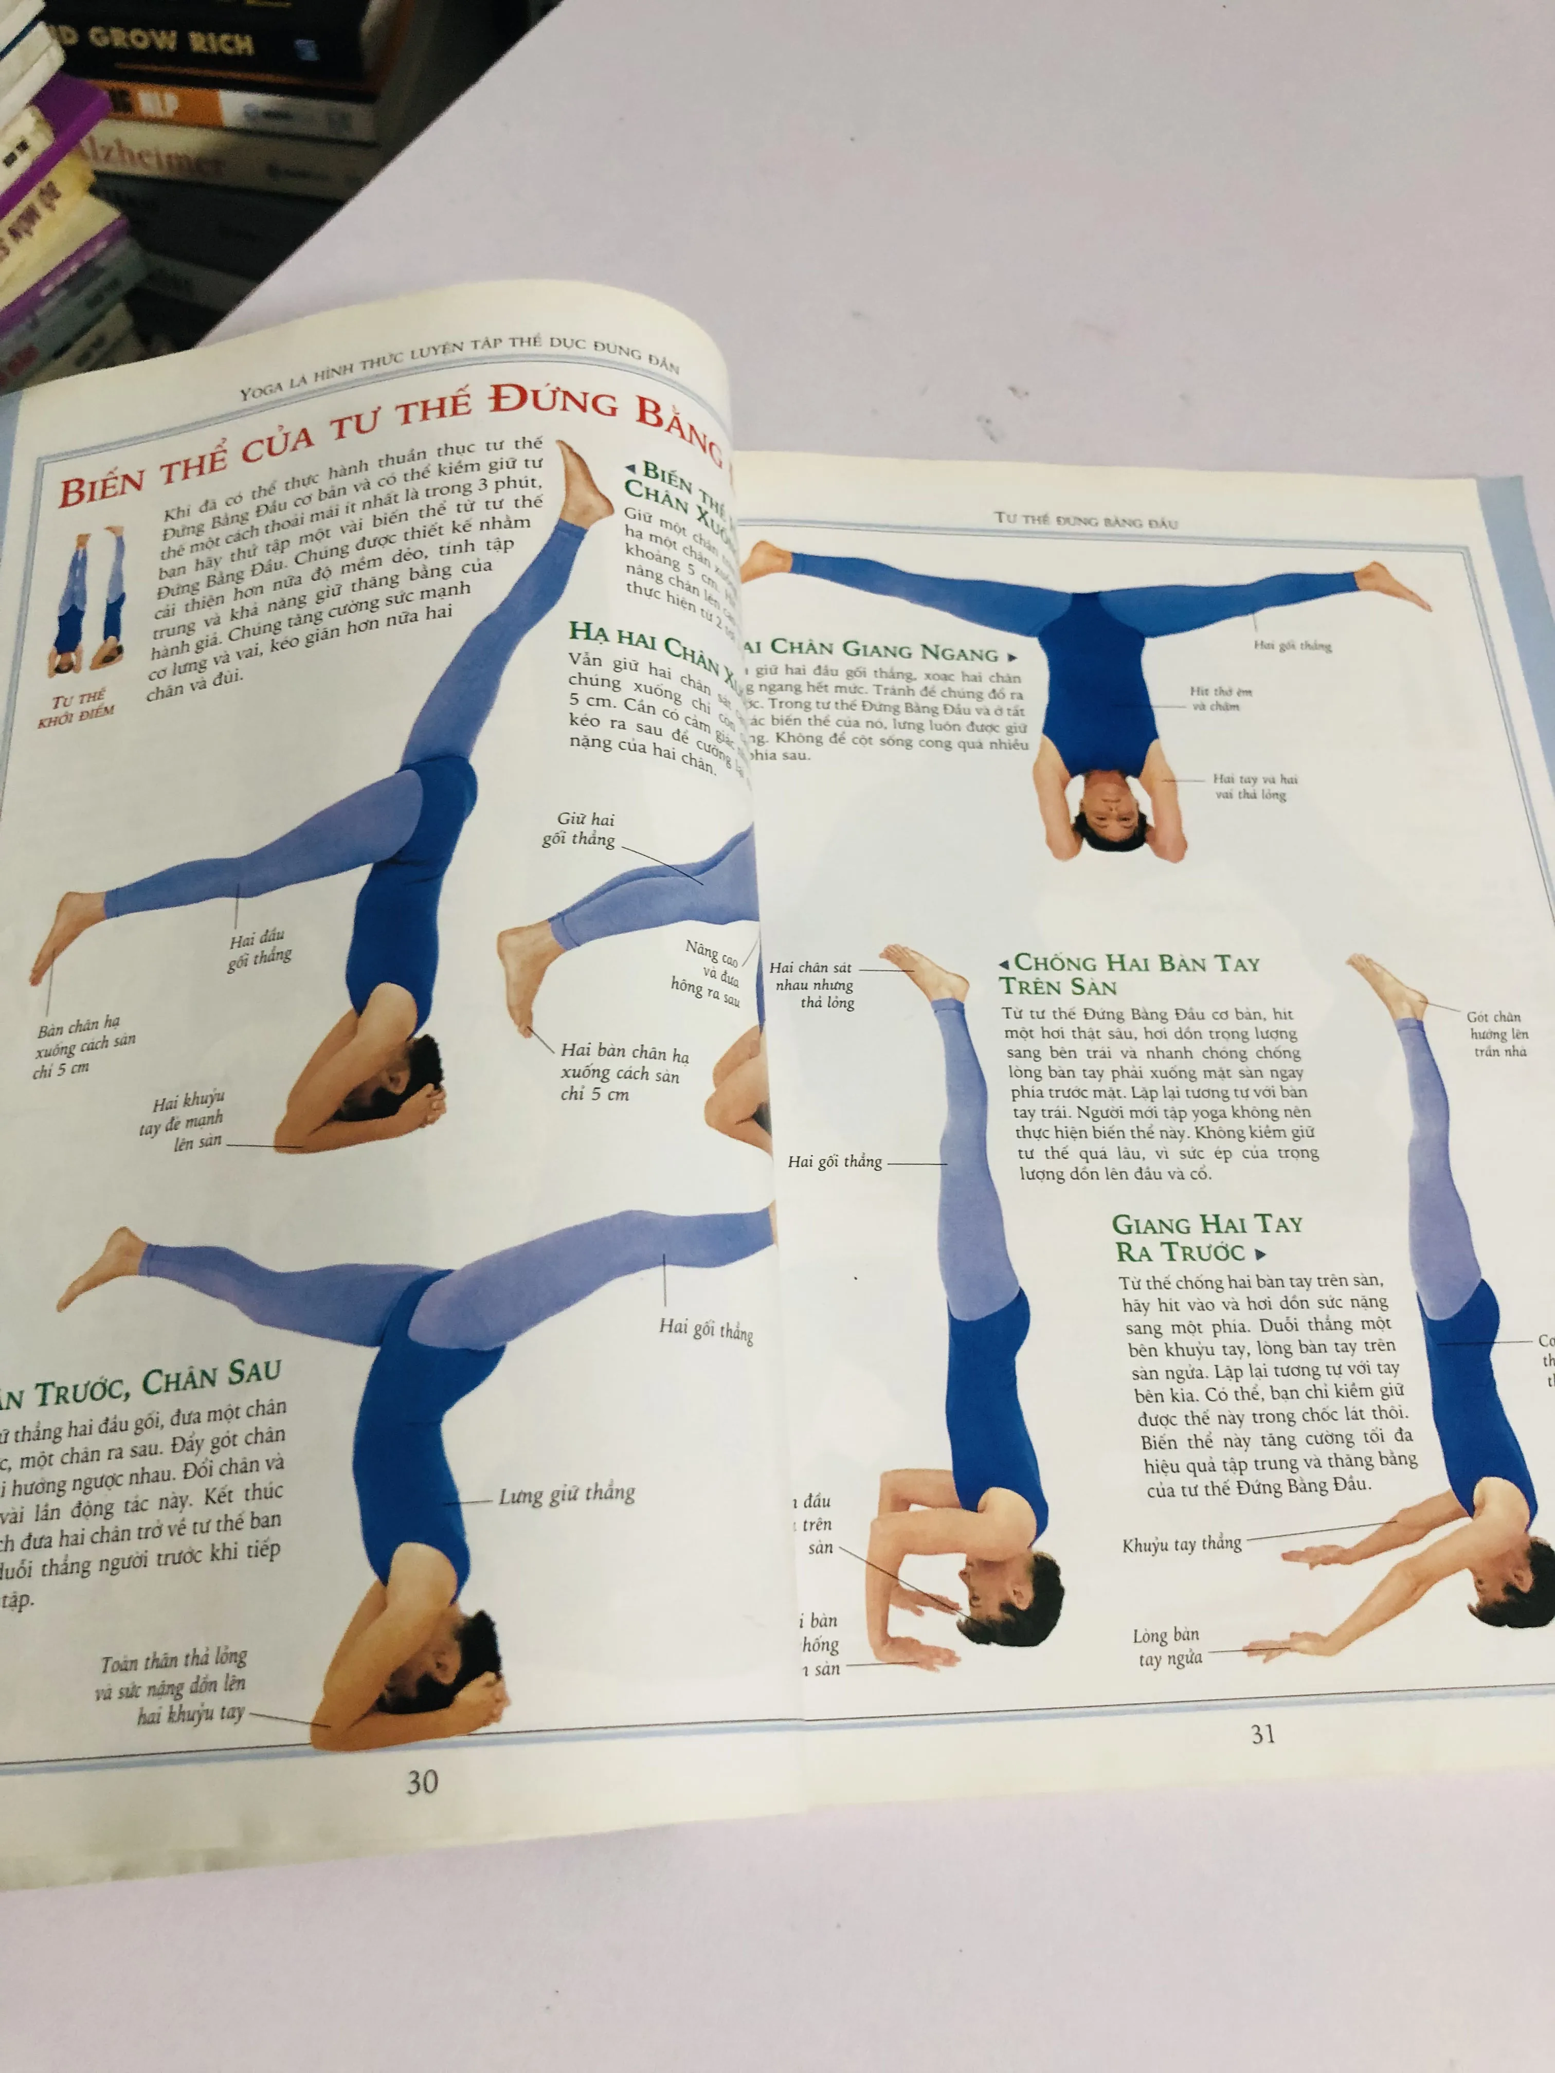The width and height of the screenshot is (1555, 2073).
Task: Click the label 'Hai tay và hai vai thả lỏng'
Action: (x=1254, y=786)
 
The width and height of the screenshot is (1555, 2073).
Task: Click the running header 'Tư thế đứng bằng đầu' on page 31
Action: (x=1086, y=520)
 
